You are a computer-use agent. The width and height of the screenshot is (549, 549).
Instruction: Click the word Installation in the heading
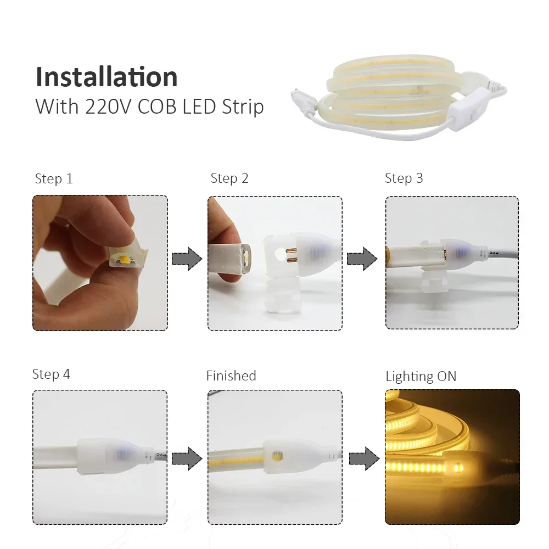coord(107,77)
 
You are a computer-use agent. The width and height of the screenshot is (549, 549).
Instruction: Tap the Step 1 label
coord(54,179)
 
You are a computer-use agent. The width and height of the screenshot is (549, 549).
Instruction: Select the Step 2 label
coord(229,178)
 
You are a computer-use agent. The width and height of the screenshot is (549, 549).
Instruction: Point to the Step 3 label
coord(404,178)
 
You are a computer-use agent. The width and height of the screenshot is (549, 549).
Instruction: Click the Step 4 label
coord(52,374)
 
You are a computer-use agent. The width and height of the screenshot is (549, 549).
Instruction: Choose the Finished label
coord(231,376)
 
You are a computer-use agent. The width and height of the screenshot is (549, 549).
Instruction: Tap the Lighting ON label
coord(421,376)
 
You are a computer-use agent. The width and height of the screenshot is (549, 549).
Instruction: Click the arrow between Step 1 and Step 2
coord(187,259)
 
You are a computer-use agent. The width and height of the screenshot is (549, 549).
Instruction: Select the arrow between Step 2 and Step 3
coord(362,259)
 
